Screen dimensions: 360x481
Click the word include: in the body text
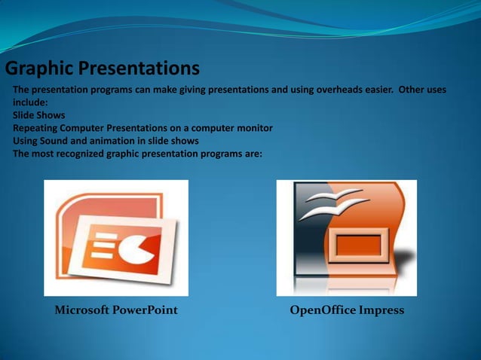pyautogui.click(x=30, y=102)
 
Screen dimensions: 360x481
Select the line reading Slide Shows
pyautogui.click(x=38, y=115)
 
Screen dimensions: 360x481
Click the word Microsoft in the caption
pyautogui.click(x=81, y=310)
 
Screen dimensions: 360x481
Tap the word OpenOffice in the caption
pyautogui.click(x=323, y=310)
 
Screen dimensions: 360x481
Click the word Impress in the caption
pyautogui.click(x=381, y=310)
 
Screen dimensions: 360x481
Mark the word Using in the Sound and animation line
pyautogui.click(x=26, y=141)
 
